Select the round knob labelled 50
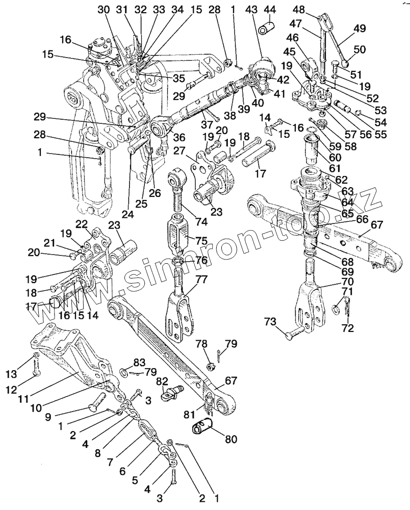(344, 63)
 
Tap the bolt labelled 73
(293, 333)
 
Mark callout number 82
(162, 381)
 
